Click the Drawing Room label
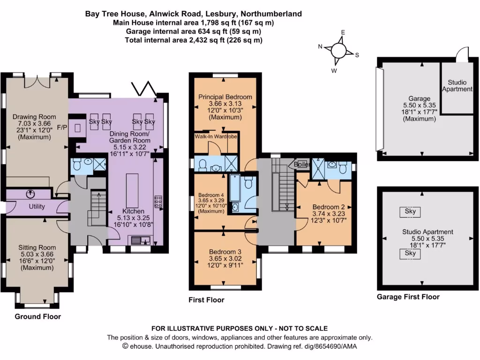[x=34, y=117]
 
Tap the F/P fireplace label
[x=61, y=127]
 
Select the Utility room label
[x=37, y=206]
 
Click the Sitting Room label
[x=37, y=247]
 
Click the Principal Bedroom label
[x=225, y=97]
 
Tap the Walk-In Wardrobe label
[x=216, y=136]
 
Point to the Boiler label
[x=302, y=165]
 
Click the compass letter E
[x=343, y=32]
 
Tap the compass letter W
[x=334, y=71]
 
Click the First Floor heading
[x=206, y=300]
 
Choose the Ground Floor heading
[x=38, y=316]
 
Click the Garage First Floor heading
[x=408, y=297]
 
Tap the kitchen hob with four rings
[x=159, y=201]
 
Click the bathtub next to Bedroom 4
[x=234, y=193]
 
